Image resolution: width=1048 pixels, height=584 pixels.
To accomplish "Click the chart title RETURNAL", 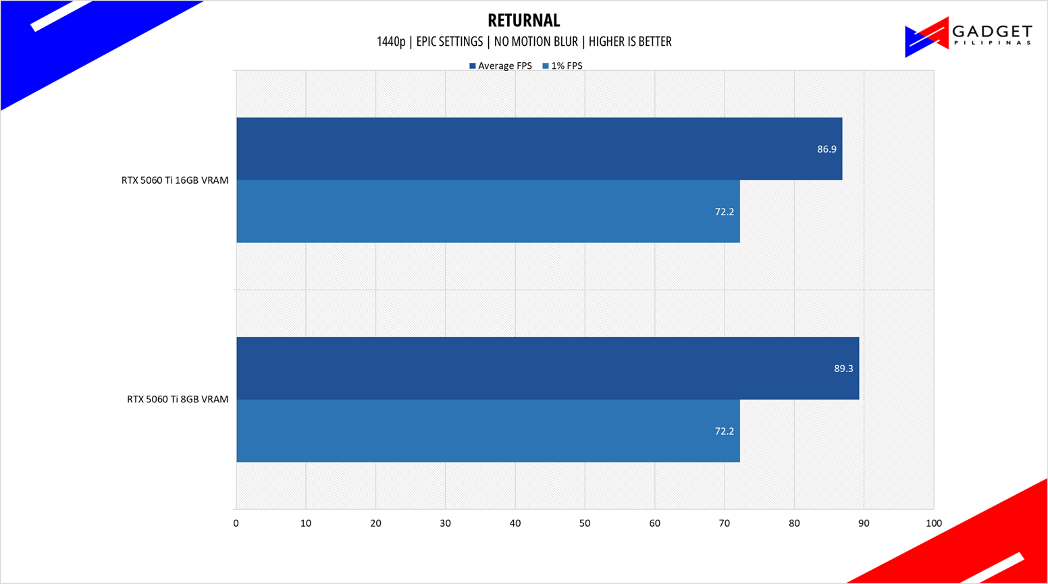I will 523,20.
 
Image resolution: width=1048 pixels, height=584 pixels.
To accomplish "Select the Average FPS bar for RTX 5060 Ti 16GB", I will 539,149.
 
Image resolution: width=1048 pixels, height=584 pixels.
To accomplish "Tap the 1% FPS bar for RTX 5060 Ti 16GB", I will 488,211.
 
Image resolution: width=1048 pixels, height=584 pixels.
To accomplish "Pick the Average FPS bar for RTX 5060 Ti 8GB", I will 547,368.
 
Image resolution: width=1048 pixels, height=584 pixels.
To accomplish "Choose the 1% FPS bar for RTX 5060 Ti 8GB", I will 488,431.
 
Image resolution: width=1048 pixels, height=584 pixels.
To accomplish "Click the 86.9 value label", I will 827,149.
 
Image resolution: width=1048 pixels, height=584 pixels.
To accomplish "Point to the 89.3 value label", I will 843,369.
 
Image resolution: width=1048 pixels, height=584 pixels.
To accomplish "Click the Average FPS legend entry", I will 500,66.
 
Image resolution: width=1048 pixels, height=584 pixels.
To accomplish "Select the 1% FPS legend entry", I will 562,66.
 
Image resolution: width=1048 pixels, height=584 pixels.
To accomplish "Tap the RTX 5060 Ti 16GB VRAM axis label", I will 175,180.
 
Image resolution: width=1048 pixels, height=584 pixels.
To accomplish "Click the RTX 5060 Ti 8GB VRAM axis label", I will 178,399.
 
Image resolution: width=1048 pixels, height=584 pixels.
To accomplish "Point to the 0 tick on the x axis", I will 236,523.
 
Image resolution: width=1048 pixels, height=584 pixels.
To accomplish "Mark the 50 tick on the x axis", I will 585,523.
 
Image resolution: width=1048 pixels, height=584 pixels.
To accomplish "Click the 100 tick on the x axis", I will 933,523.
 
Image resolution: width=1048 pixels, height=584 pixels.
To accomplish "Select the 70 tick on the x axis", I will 724,523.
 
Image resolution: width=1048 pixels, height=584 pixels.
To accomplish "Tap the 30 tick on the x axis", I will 445,523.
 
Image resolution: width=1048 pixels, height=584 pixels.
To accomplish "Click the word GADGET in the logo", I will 991,32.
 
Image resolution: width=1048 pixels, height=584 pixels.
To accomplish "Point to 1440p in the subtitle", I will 390,42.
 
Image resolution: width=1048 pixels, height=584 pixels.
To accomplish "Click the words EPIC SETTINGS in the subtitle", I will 450,42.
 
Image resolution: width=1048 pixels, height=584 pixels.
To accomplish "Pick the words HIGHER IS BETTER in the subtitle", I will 630,42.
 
